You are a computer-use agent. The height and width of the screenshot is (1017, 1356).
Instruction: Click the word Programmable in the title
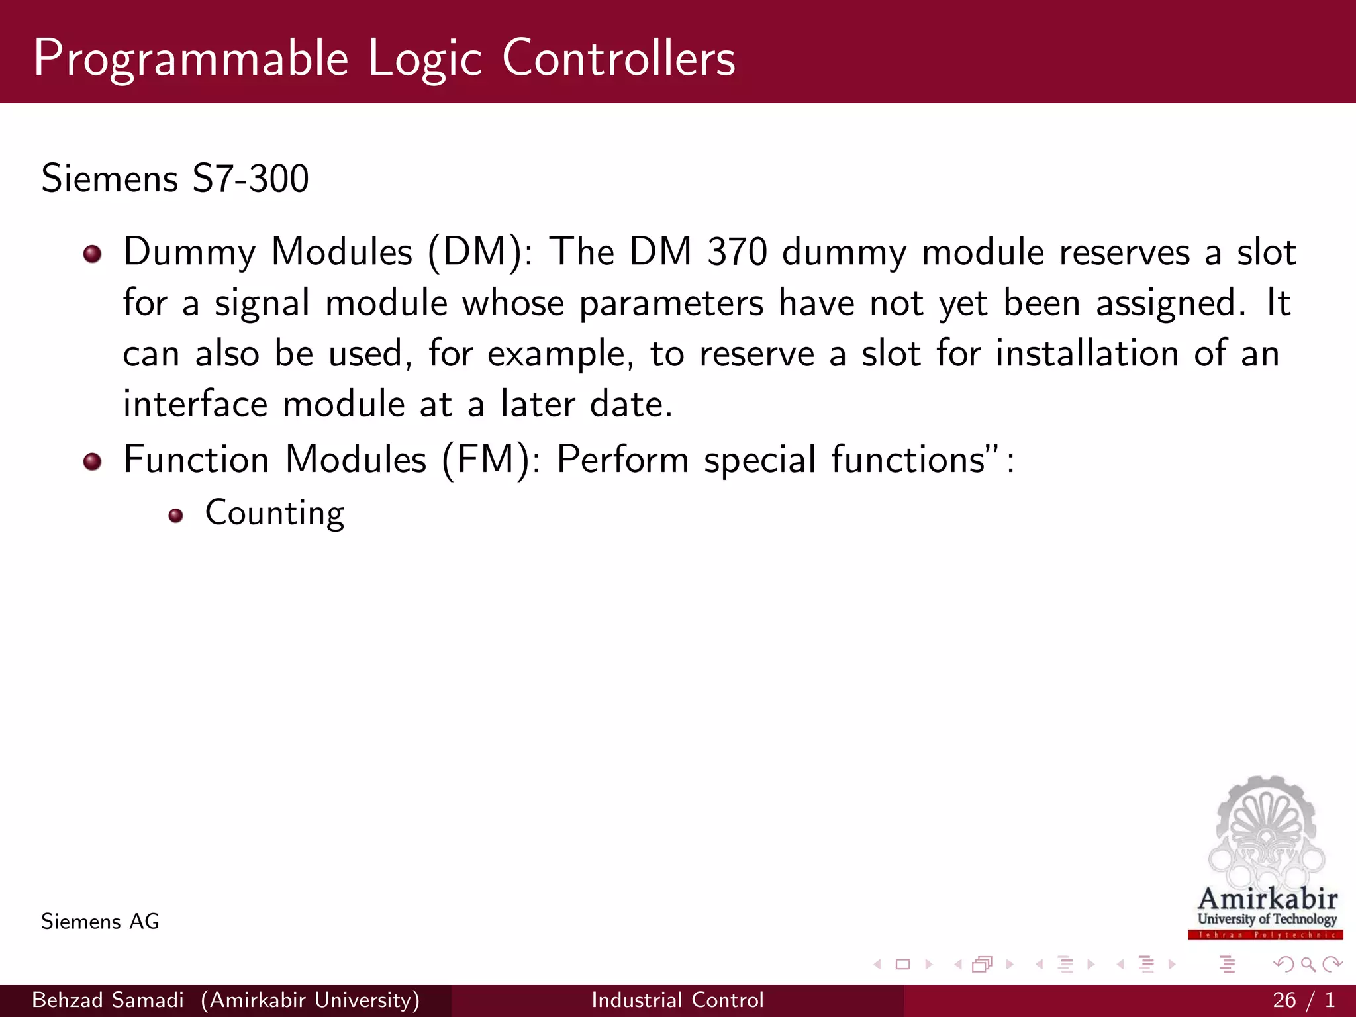pos(191,60)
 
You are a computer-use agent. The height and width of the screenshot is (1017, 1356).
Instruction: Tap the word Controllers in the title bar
pos(618,58)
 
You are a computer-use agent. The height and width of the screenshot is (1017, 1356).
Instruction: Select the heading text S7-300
pos(250,179)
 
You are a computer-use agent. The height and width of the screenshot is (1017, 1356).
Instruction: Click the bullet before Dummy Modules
pos(93,254)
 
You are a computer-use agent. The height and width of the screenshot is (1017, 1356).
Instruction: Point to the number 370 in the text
pos(737,252)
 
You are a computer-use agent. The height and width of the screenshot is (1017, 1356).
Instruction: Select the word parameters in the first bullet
pos(671,304)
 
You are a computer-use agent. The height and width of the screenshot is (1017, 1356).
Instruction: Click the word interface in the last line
pos(195,405)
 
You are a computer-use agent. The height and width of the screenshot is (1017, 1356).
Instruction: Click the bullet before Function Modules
pos(93,461)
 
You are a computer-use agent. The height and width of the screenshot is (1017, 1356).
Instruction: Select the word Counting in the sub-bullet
pos(275,513)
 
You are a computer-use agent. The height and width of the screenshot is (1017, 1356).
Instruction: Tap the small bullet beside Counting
pos(175,516)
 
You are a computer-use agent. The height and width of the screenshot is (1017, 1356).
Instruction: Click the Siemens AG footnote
pos(100,922)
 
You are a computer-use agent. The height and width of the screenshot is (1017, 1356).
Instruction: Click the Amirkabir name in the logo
pos(1267,899)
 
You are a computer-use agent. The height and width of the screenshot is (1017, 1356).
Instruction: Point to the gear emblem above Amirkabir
pos(1266,831)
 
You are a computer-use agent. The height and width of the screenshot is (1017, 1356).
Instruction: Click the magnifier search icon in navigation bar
pos(1308,964)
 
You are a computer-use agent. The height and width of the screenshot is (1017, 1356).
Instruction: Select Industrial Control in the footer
pos(677,1000)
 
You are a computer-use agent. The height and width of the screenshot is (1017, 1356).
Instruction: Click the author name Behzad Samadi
pos(107,1000)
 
